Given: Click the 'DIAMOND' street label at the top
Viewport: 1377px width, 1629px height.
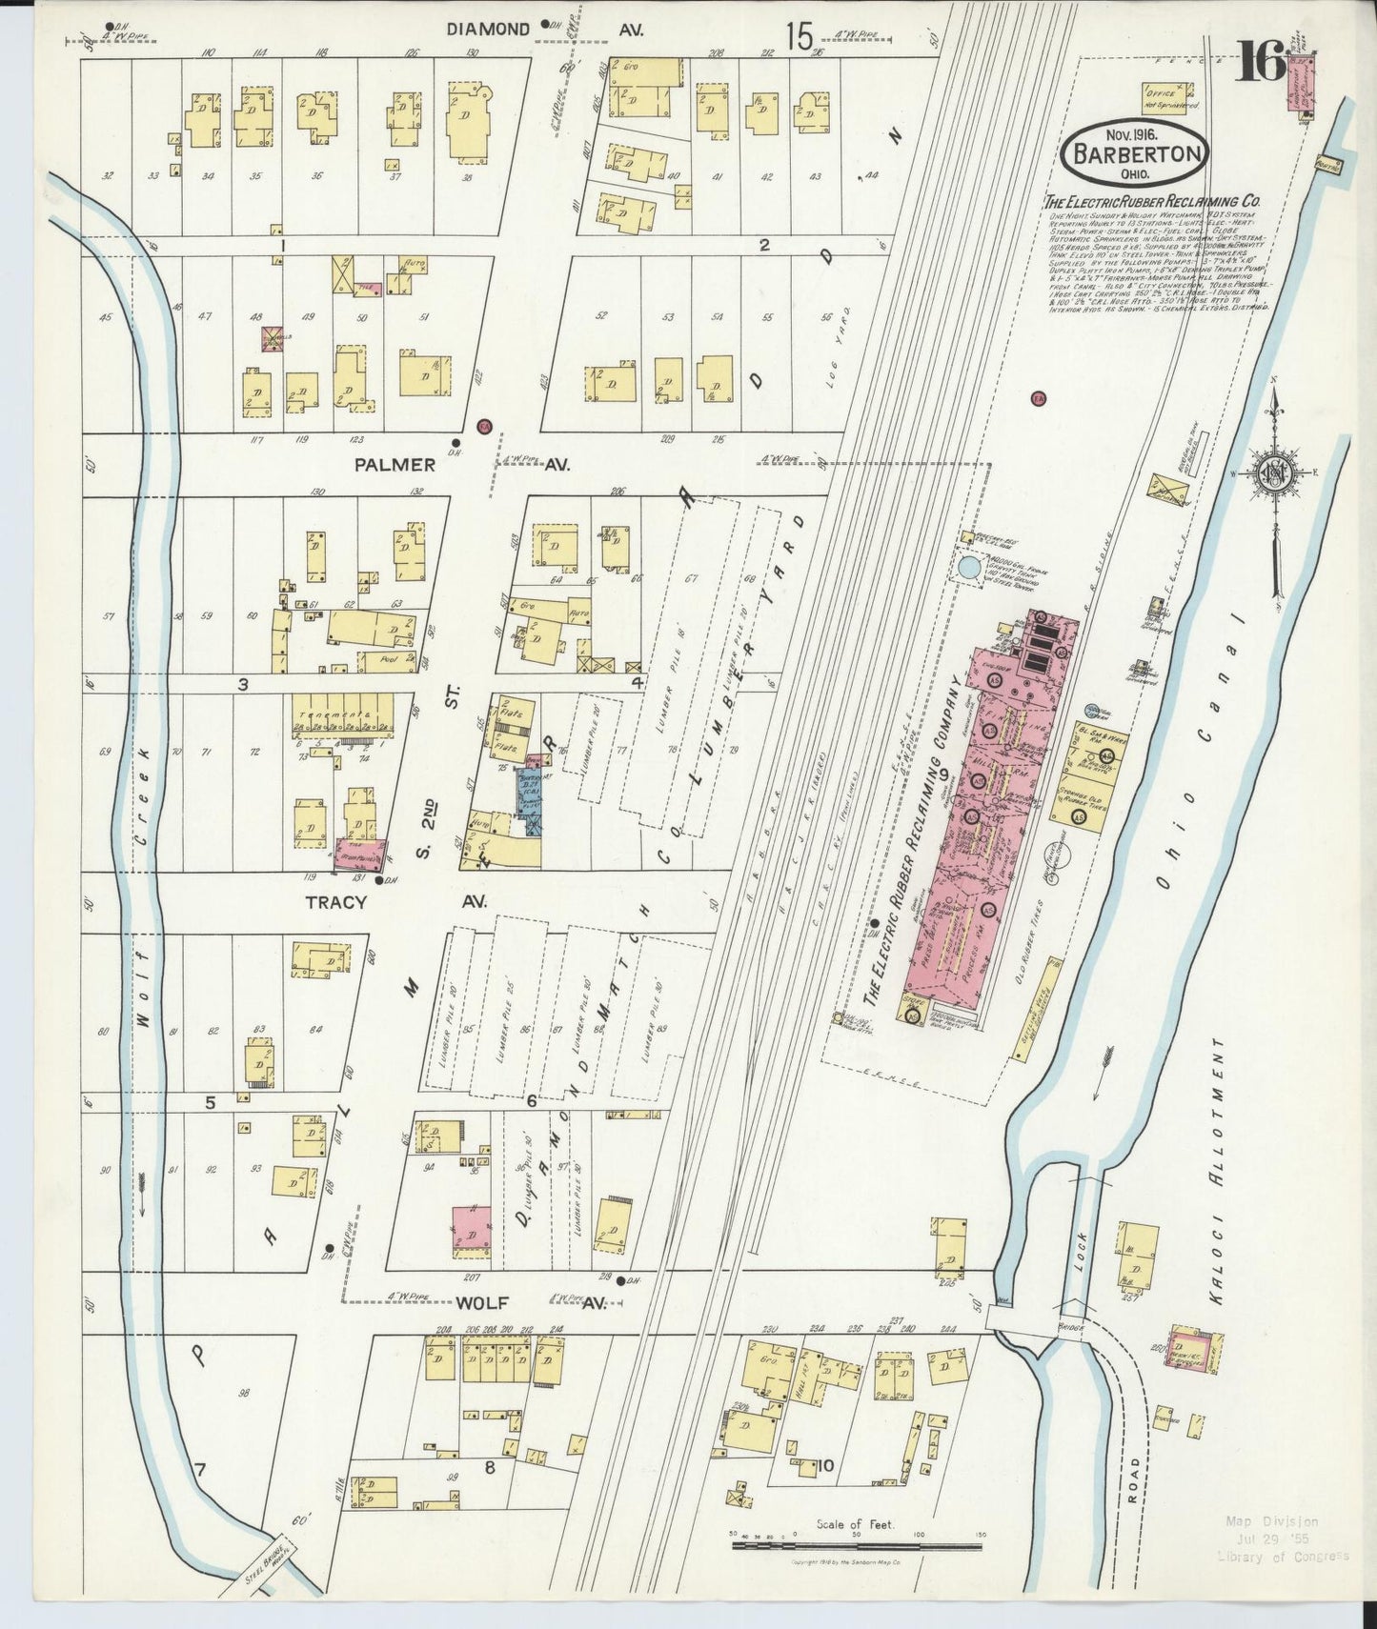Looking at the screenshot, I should [x=488, y=30].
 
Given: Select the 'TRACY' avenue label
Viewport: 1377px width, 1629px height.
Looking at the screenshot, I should [x=334, y=901].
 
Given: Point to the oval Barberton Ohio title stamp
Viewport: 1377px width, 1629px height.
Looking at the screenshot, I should [x=1135, y=151].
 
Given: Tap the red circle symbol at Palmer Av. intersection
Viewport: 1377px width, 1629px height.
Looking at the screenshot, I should [x=483, y=425].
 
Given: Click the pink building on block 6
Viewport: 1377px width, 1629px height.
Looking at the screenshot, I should [x=472, y=1225].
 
